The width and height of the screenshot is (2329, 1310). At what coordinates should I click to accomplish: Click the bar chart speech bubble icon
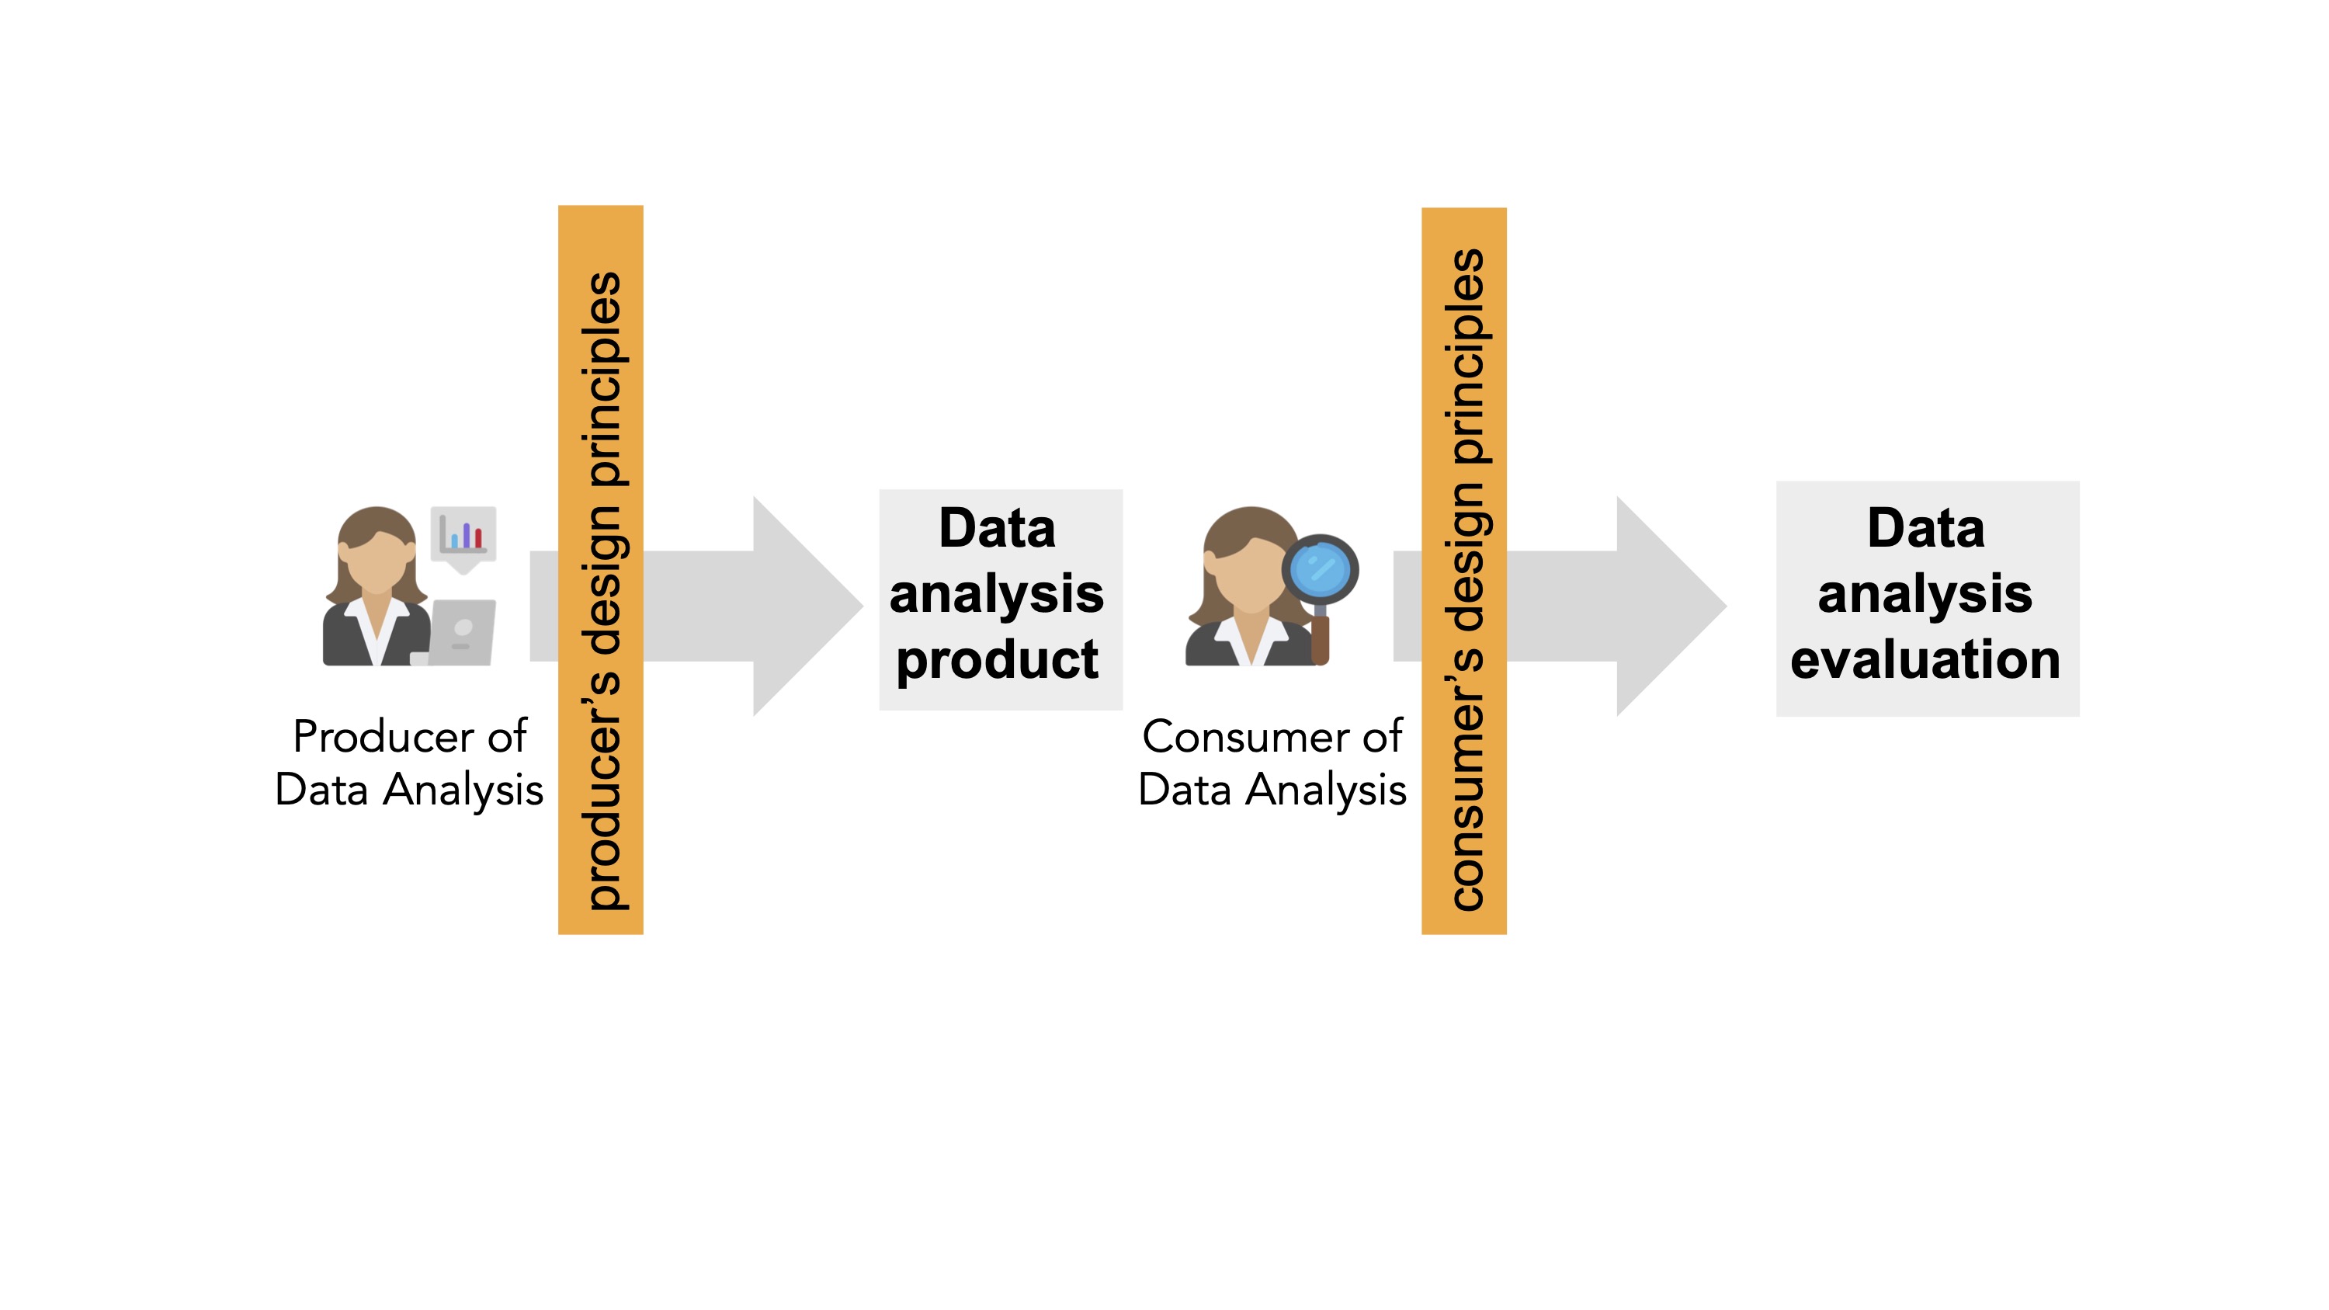(x=463, y=536)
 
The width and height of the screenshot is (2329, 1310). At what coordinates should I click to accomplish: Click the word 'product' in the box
(x=998, y=660)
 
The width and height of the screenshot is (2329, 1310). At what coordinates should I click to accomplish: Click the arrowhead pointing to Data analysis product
(x=804, y=606)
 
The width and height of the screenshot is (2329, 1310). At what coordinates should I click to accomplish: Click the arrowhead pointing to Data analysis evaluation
(x=1668, y=606)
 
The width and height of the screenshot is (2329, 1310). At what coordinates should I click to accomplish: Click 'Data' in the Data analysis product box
(x=998, y=528)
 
